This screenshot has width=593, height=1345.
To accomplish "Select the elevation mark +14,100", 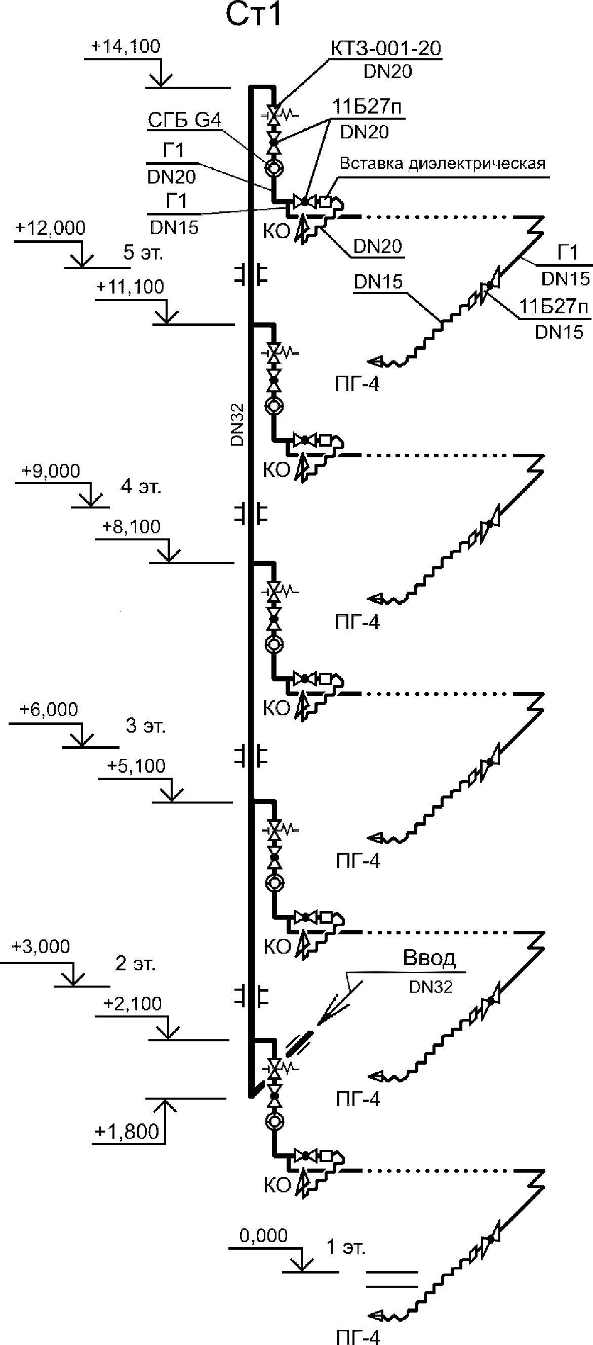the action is click(126, 47).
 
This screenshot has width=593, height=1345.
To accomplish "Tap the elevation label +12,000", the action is click(51, 228).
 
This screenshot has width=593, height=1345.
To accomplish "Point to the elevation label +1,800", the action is click(127, 1132).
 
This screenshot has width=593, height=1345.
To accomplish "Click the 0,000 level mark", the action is click(263, 1235).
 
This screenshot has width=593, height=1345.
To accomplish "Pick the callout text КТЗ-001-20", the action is click(386, 49).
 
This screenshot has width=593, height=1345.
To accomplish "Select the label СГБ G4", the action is click(185, 121).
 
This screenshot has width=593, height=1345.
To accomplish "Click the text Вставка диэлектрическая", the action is click(442, 163).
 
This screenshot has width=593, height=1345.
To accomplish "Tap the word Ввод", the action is click(429, 958).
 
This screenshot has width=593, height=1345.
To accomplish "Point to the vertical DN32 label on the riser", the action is click(238, 424).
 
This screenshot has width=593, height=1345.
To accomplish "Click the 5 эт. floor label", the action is click(143, 252).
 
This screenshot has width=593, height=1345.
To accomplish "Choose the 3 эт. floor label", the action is click(145, 726).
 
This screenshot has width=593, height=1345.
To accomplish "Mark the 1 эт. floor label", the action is click(346, 1247).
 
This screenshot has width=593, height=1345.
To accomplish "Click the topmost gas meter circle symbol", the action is click(274, 168).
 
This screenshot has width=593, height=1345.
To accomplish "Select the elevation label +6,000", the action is click(49, 710).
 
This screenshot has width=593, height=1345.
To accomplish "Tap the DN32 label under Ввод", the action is click(431, 986).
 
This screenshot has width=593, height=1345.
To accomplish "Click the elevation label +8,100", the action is click(132, 527).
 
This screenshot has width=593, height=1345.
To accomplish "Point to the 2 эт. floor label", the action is click(135, 963).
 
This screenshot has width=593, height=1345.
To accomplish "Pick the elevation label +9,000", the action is click(51, 471).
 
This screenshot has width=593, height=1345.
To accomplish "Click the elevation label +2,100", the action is click(133, 1003).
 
